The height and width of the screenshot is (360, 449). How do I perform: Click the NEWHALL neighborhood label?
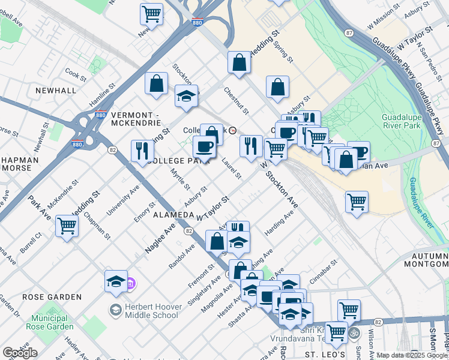click(56, 90)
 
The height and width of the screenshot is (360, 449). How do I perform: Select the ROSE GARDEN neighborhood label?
click(52, 297)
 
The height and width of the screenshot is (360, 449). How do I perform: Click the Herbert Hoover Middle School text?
click(153, 310)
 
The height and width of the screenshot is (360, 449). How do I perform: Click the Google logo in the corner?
click(20, 353)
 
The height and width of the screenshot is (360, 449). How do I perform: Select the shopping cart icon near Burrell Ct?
click(67, 226)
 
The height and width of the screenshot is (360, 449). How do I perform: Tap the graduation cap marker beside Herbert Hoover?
click(116, 281)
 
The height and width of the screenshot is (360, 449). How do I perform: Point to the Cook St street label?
click(76, 75)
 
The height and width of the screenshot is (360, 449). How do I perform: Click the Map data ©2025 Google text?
click(412, 355)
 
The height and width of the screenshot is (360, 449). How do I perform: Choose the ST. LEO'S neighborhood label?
click(327, 355)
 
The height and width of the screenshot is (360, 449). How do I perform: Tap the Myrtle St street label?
click(180, 179)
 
